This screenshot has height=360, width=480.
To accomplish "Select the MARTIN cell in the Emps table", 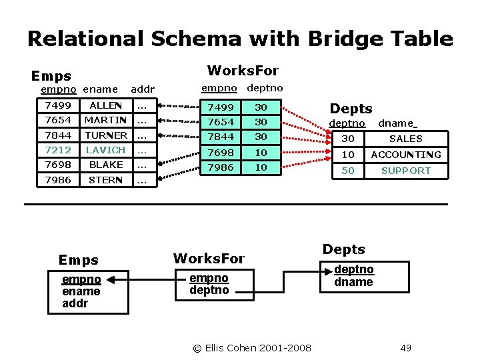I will tap(106, 121).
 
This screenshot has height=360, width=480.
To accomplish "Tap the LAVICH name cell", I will tap(106, 151).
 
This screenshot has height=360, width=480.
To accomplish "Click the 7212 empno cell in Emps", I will tap(58, 151).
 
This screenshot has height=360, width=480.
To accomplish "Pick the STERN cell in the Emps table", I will tap(106, 181).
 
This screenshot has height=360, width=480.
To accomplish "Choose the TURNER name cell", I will tap(106, 135).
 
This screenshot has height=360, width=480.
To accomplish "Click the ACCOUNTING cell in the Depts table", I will tap(406, 155).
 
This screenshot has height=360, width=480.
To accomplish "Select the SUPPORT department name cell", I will tap(406, 171).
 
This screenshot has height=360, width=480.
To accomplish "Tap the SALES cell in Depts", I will tap(406, 139).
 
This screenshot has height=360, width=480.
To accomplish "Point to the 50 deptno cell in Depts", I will tap(348, 171).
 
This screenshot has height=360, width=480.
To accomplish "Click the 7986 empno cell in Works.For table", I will tap(221, 167).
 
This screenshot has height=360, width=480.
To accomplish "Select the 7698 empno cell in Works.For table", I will tap(221, 152).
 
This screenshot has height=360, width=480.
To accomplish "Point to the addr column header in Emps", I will tap(143, 89).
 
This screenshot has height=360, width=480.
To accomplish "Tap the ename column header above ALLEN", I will tap(101, 89).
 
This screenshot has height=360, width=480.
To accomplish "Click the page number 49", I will tap(406, 347).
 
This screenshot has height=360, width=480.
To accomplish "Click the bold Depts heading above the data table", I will tap(351, 108).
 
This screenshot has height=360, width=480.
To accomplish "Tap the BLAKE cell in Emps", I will tap(106, 165).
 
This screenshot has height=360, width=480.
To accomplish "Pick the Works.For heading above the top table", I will tap(243, 71).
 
